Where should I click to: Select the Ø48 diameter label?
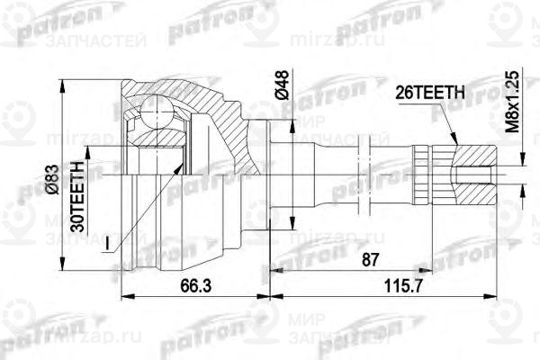pos(282,86)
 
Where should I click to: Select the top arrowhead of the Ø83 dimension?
pos(63,82)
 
